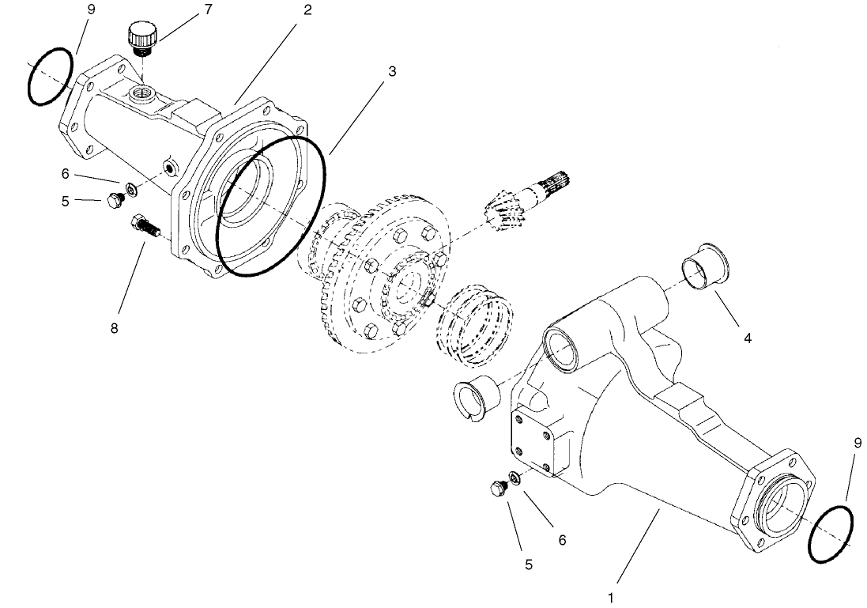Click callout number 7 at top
tap(208, 9)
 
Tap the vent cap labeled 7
tap(143, 38)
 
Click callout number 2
tap(307, 10)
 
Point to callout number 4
tap(747, 338)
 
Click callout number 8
tap(115, 327)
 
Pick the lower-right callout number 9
tap(858, 444)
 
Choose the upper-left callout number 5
tap(66, 201)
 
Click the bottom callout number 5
tap(528, 565)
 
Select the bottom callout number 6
tap(562, 539)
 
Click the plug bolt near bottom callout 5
tap(499, 488)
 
